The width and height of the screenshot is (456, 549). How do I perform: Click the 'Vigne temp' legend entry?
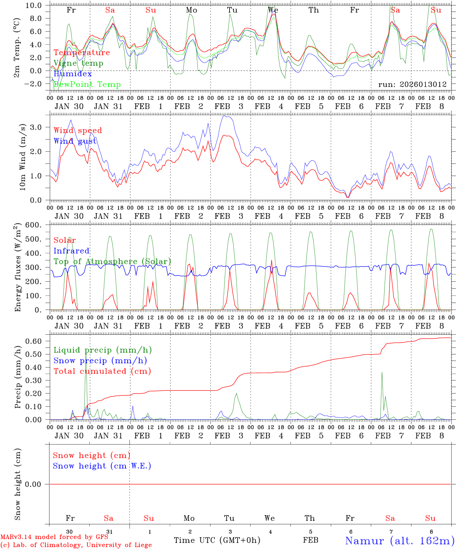pyautogui.click(x=78, y=63)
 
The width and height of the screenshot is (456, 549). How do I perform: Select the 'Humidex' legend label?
pyautogui.click(x=73, y=74)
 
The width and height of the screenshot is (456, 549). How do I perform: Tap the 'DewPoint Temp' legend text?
pyautogui.click(x=87, y=85)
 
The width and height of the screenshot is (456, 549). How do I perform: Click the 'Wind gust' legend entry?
pyautogui.click(x=75, y=141)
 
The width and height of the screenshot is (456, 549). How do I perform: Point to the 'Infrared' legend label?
pyautogui.click(x=71, y=251)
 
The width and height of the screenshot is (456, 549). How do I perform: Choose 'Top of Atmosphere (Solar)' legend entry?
pyautogui.click(x=112, y=262)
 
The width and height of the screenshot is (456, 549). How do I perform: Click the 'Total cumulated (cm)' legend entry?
pyautogui.click(x=102, y=371)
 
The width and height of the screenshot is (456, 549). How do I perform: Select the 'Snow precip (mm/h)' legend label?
pyautogui.click(x=100, y=361)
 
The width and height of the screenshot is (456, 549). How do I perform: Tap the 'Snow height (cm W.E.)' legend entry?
pyautogui.click(x=102, y=466)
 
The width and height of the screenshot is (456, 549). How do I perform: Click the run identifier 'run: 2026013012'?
pyautogui.click(x=412, y=85)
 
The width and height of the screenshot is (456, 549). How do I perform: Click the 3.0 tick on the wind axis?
pyautogui.click(x=40, y=127)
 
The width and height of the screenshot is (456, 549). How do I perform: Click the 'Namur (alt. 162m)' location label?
pyautogui.click(x=399, y=541)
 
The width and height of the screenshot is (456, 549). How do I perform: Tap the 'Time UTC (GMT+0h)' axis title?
pyautogui.click(x=217, y=540)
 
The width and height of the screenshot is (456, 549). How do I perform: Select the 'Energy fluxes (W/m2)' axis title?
pyautogui.click(x=18, y=268)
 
